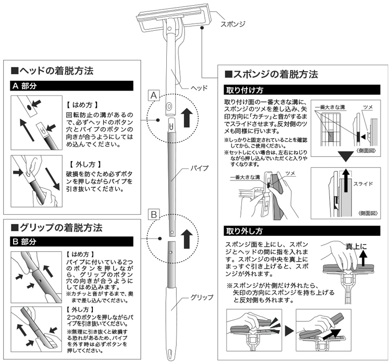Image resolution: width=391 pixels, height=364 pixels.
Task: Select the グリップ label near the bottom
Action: click(202, 298)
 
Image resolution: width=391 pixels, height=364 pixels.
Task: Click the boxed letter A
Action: click(153, 95)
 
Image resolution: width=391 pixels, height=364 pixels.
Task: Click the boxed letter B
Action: click(153, 214)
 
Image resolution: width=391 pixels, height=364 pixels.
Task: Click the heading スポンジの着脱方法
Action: click(270, 75)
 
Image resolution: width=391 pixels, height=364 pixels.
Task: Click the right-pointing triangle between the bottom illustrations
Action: click(288, 331)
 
